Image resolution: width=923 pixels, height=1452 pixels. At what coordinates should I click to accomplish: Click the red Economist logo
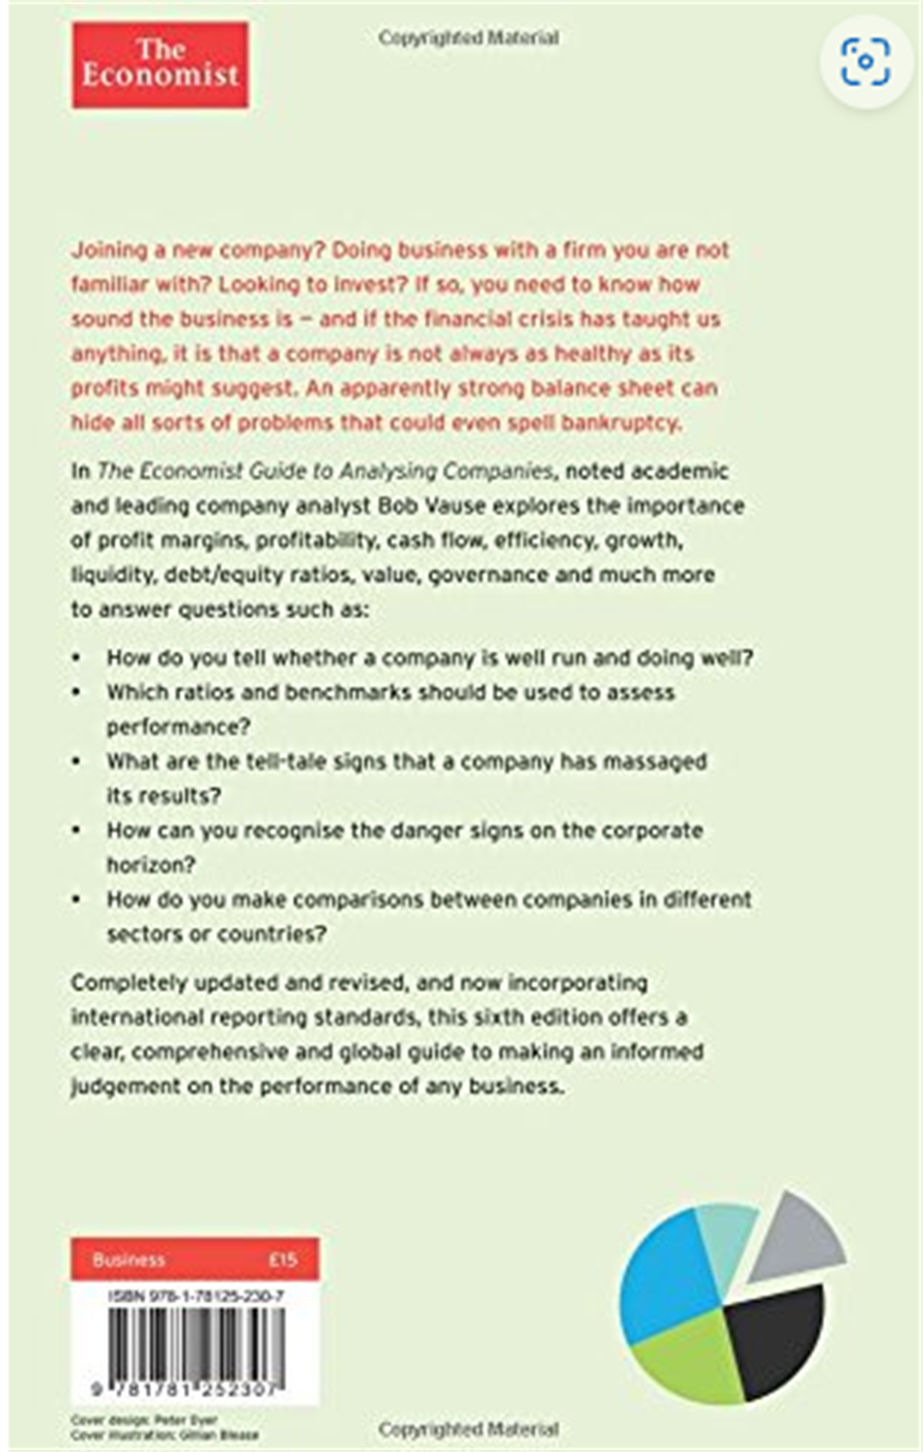[x=160, y=65]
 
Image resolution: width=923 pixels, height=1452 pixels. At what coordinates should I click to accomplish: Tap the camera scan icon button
[x=865, y=62]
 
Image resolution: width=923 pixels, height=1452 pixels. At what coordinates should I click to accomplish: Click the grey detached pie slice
[x=798, y=1236]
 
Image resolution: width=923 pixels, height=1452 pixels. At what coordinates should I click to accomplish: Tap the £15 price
[x=282, y=1259]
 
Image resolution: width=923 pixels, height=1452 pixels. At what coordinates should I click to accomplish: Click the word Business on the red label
[x=128, y=1259]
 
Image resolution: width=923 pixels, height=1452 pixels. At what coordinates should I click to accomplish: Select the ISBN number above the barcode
[x=196, y=1296]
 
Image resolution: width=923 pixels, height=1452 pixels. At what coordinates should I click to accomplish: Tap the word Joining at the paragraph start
[x=109, y=250]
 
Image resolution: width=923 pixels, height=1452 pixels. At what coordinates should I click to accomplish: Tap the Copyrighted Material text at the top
[x=468, y=38]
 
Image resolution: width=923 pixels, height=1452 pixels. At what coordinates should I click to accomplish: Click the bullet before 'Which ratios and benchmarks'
[x=77, y=692]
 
